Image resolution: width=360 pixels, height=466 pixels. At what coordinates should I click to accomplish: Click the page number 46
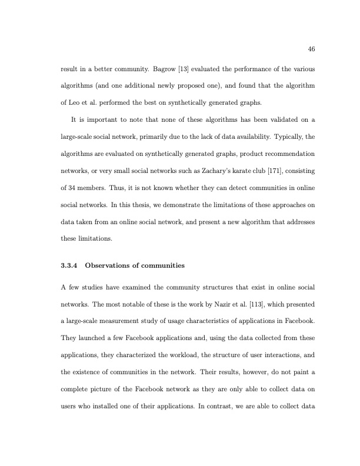click(312, 49)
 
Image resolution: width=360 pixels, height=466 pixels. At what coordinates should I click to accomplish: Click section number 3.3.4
click(69, 265)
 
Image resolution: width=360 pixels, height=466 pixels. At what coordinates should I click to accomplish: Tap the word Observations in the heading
click(108, 265)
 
